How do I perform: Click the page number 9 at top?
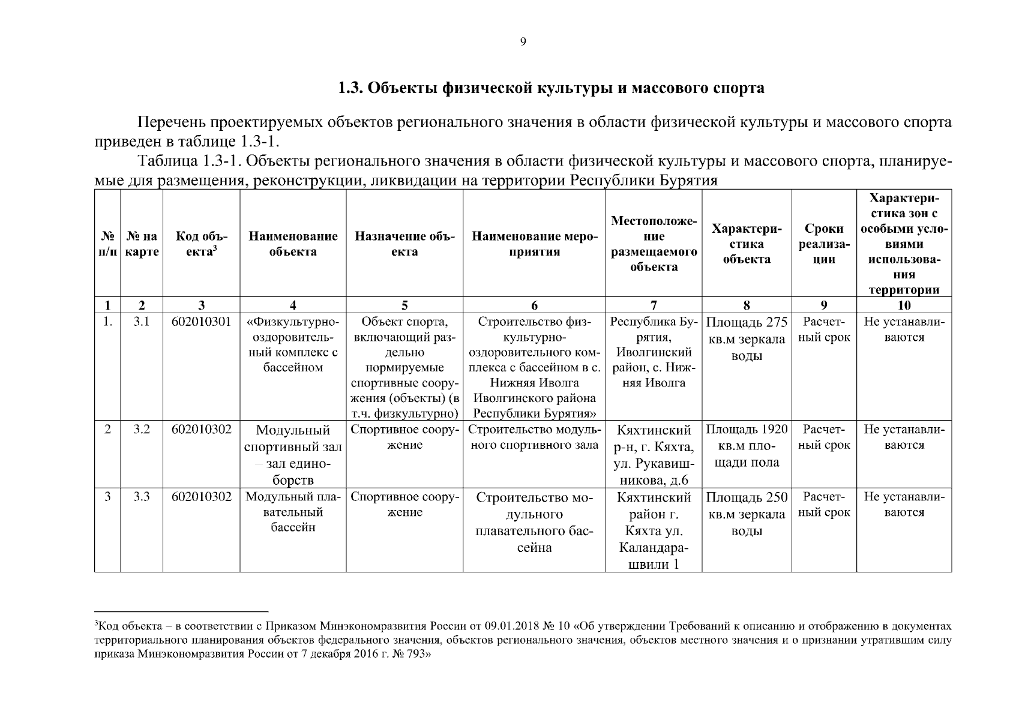click(523, 42)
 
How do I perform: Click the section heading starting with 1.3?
click(551, 88)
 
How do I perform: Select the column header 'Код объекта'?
click(201, 244)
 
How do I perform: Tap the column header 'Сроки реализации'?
click(824, 244)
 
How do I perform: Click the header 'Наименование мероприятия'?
click(534, 244)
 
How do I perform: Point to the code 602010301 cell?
click(201, 322)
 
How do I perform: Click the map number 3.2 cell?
click(141, 430)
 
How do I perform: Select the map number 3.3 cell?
click(141, 497)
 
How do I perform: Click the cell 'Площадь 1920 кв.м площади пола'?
click(747, 446)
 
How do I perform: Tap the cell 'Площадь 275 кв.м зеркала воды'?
click(747, 339)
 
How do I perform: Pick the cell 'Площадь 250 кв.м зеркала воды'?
click(747, 514)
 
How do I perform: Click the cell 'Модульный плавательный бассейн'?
click(293, 512)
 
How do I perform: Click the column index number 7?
click(654, 305)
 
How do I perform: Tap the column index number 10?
click(904, 305)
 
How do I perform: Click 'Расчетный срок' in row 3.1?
click(824, 329)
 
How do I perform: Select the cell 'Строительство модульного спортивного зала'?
click(534, 437)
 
